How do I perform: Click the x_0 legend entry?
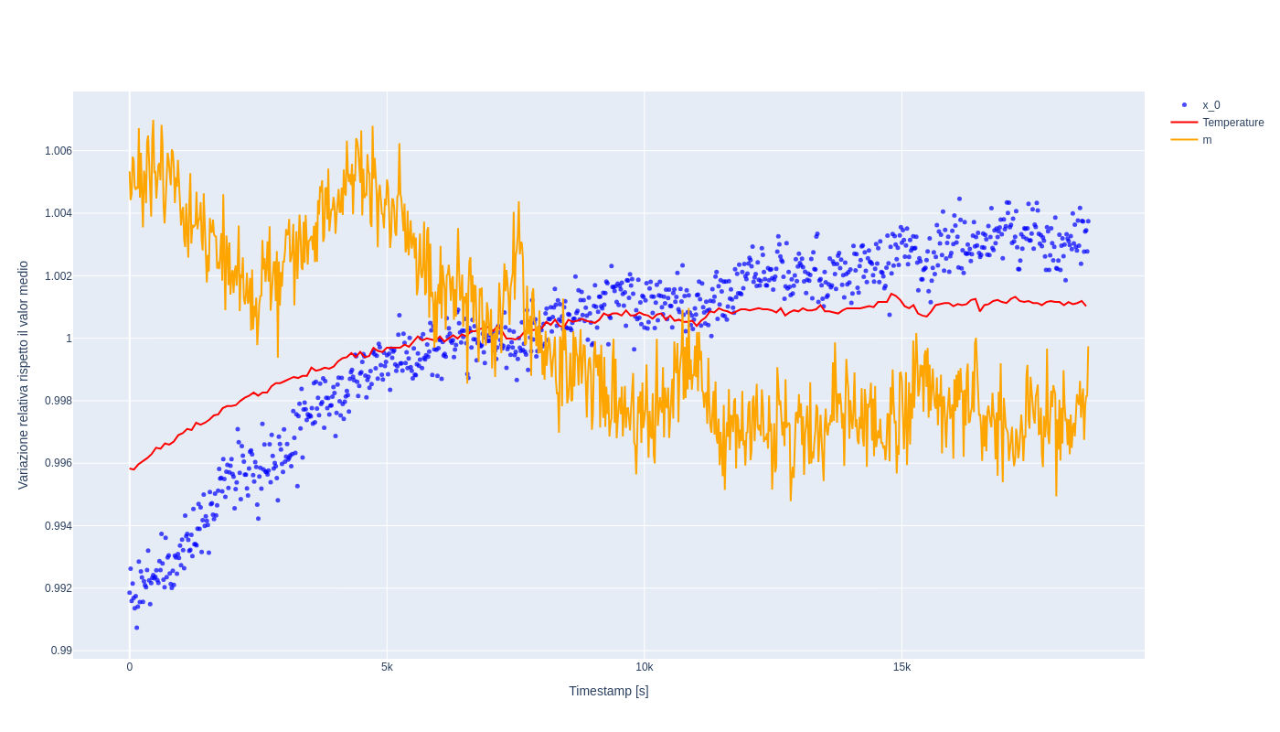(1211, 105)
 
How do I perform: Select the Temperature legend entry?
(1232, 123)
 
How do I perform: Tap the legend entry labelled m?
(1207, 140)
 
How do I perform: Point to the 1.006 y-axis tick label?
(59, 151)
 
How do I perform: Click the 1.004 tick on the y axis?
(59, 213)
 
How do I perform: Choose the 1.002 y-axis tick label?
(59, 276)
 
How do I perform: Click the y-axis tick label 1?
(69, 339)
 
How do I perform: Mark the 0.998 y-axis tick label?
(59, 401)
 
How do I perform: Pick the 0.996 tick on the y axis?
(59, 463)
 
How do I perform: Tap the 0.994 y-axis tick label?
(59, 526)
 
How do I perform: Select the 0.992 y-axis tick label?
(59, 588)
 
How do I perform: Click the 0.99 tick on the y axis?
(61, 651)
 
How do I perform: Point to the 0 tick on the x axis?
(130, 667)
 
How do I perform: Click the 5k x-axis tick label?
(387, 667)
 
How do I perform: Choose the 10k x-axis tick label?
(645, 667)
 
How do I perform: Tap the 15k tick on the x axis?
(901, 667)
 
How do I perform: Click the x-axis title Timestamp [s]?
(608, 691)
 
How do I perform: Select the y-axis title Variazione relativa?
(24, 375)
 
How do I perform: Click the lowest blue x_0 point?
(137, 628)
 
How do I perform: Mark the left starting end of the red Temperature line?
(130, 468)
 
